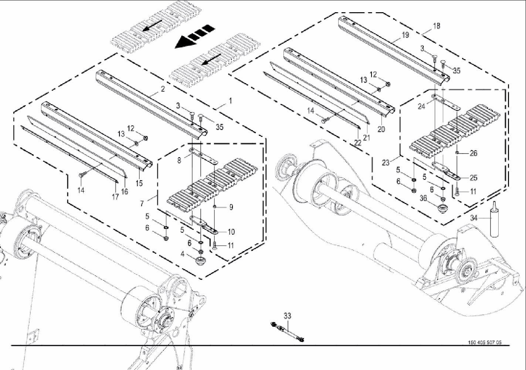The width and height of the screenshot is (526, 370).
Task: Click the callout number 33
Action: pos(287,316)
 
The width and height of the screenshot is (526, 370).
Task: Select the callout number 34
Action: pos(474,218)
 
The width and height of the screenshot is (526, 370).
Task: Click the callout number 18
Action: pos(437,26)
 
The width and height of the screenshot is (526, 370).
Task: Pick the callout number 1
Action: pos(230,101)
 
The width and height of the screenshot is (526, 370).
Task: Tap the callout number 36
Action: pos(423,198)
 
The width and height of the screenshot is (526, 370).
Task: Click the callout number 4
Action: pos(182,254)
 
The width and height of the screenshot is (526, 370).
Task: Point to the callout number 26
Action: pos(474,153)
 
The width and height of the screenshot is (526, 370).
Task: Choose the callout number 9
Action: pos(231,207)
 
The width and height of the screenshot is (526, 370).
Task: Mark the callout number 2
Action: pos(162,89)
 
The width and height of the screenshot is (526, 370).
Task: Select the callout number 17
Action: pos(115,196)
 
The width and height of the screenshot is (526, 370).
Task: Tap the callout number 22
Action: pos(357,143)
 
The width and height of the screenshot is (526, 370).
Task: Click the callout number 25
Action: pos(474,178)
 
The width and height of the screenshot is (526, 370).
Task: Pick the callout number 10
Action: pos(231,232)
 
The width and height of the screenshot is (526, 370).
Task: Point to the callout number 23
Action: pos(386,162)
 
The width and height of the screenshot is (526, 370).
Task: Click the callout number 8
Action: pos(179,160)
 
